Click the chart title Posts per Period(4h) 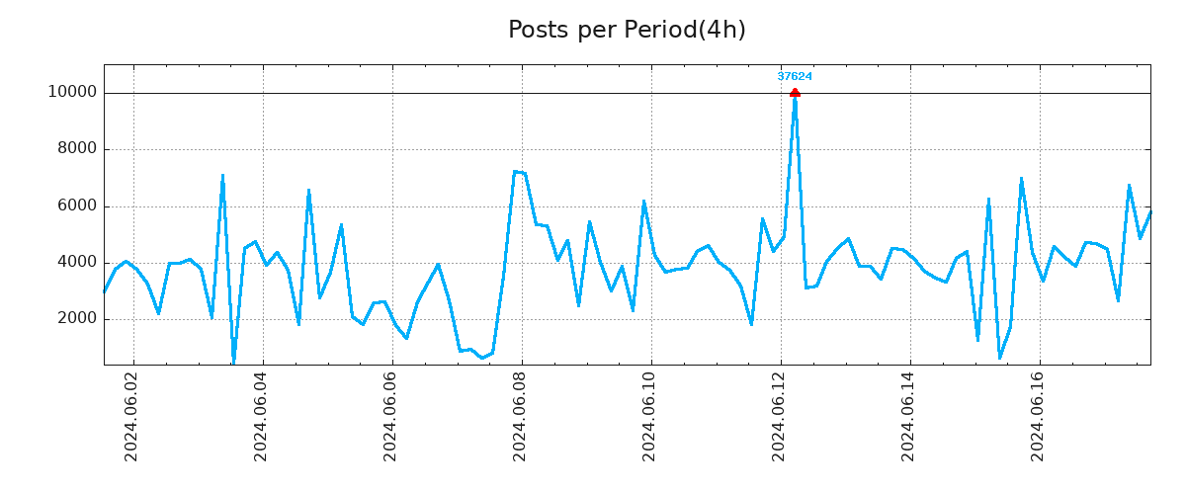click(x=627, y=31)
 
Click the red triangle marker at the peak click(x=795, y=93)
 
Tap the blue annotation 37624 click(x=795, y=76)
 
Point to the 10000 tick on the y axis click(x=72, y=93)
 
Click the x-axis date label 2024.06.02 click(x=131, y=416)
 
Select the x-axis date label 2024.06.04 click(x=261, y=416)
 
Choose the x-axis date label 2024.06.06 click(x=390, y=416)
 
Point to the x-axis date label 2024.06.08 click(x=520, y=416)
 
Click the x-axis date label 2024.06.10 click(x=649, y=416)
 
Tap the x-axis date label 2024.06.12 click(x=779, y=416)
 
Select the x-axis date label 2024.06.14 click(x=908, y=416)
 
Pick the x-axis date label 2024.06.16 click(x=1038, y=416)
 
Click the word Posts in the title click(x=540, y=31)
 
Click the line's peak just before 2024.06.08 click(x=515, y=172)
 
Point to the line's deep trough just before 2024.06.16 click(x=999, y=358)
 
